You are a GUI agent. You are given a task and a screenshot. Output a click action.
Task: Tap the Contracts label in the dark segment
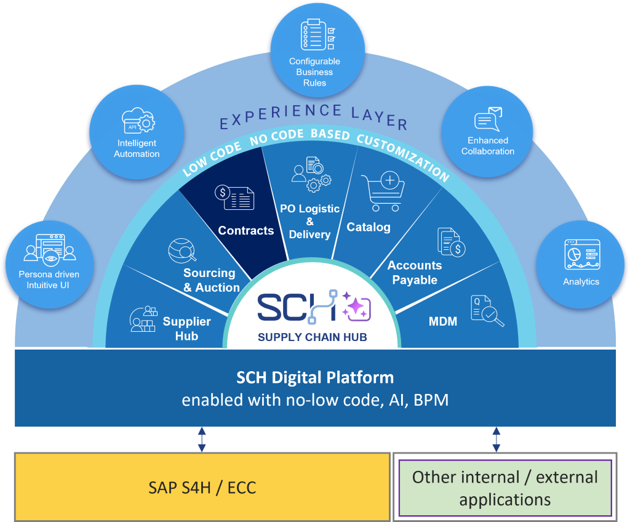[246, 230]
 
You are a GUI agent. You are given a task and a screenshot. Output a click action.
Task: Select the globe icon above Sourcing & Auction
[182, 251]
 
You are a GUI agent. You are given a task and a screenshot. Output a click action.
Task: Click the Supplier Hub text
[187, 329]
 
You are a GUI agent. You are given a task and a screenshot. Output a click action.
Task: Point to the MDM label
[443, 321]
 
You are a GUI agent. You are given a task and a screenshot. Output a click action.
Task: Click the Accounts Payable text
[415, 273]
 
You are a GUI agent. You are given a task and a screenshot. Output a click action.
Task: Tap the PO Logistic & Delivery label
[310, 221]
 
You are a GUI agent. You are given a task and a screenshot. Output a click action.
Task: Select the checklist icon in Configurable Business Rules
[318, 34]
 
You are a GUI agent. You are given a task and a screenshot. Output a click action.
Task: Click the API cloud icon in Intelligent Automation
[138, 120]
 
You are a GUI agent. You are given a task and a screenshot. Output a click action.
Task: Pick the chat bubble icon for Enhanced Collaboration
[488, 119]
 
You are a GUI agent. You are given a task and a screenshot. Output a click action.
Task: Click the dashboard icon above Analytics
[582, 254]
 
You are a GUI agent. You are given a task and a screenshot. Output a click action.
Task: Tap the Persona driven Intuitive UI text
[49, 279]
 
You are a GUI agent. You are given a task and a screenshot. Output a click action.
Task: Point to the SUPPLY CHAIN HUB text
[312, 337]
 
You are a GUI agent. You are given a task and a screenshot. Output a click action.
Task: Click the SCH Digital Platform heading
[315, 377]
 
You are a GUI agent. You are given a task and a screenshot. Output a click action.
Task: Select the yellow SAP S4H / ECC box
[202, 487]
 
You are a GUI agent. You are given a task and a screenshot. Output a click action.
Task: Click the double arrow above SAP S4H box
[202, 439]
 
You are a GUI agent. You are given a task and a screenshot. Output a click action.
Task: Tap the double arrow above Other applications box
[496, 439]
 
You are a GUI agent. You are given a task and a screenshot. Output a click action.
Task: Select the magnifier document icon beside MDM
[487, 311]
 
